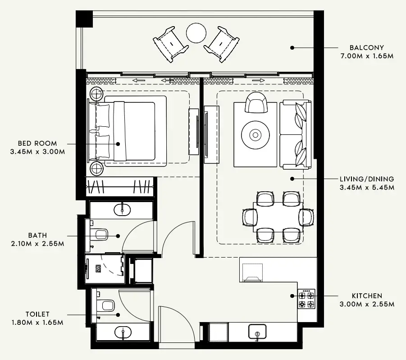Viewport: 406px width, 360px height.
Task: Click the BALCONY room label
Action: (x=367, y=47)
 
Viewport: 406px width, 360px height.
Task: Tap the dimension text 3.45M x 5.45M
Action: (x=367, y=187)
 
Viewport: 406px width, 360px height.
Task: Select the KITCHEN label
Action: (x=367, y=296)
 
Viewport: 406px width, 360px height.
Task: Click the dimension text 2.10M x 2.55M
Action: (x=37, y=244)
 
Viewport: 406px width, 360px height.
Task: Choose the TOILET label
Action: (x=37, y=314)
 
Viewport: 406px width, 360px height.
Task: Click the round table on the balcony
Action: (x=196, y=32)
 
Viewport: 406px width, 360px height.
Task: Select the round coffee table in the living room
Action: (x=255, y=134)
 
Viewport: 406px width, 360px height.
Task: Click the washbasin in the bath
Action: (x=122, y=209)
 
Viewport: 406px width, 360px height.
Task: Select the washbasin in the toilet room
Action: (x=123, y=333)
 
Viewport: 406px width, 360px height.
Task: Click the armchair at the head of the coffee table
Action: (x=256, y=103)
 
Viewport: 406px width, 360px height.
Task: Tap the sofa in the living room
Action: (x=295, y=134)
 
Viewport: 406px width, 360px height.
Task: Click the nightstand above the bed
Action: (x=96, y=94)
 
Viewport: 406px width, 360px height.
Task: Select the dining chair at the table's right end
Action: (x=306, y=217)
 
